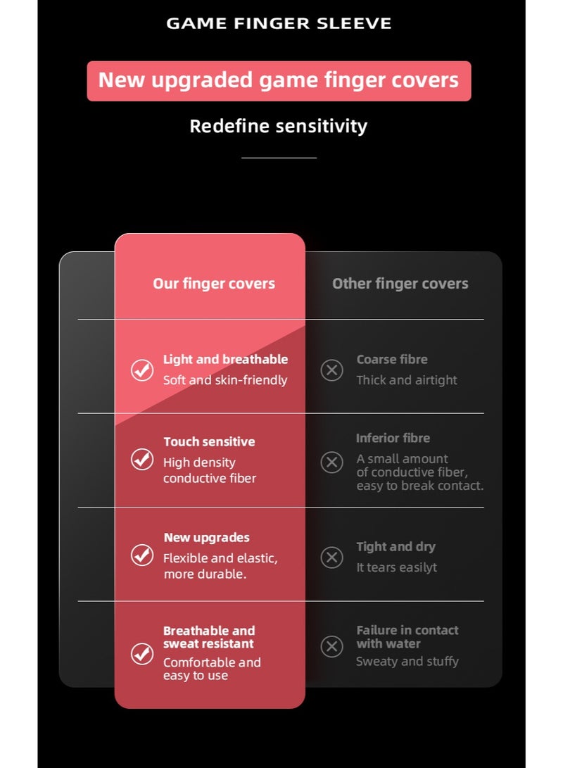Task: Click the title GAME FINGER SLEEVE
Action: click(x=279, y=23)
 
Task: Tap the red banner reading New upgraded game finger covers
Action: click(x=279, y=81)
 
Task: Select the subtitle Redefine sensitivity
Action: click(x=279, y=126)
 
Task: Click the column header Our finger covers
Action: click(x=214, y=284)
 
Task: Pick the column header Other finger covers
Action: click(x=400, y=284)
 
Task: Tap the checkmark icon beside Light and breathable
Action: click(x=142, y=370)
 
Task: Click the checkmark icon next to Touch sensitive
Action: click(x=142, y=460)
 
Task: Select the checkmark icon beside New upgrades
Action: click(x=142, y=555)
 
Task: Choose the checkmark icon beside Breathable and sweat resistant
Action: click(x=142, y=654)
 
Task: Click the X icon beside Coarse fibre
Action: click(x=332, y=370)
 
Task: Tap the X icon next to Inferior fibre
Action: click(x=332, y=462)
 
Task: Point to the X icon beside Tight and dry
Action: click(x=332, y=558)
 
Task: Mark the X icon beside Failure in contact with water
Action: click(x=332, y=646)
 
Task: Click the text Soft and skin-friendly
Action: click(x=225, y=380)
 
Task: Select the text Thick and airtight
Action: click(x=406, y=380)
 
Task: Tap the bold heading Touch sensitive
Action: click(x=209, y=441)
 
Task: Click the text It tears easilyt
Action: click(x=396, y=567)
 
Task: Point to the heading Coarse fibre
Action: click(x=392, y=359)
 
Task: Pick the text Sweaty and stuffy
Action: click(x=407, y=661)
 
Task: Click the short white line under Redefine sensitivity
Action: click(x=279, y=158)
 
